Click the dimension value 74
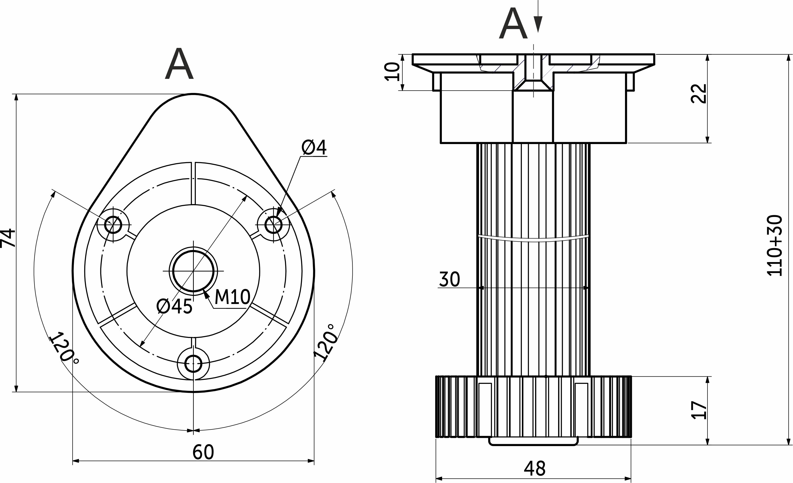coord(8,238)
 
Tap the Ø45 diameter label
coord(174,306)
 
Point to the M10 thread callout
coord(232,297)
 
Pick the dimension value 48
coord(535,469)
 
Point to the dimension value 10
coord(392,71)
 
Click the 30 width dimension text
coord(450,279)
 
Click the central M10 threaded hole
coord(193,271)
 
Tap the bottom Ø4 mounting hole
coord(193,364)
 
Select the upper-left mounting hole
coord(113,224)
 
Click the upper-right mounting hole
coord(273,224)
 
